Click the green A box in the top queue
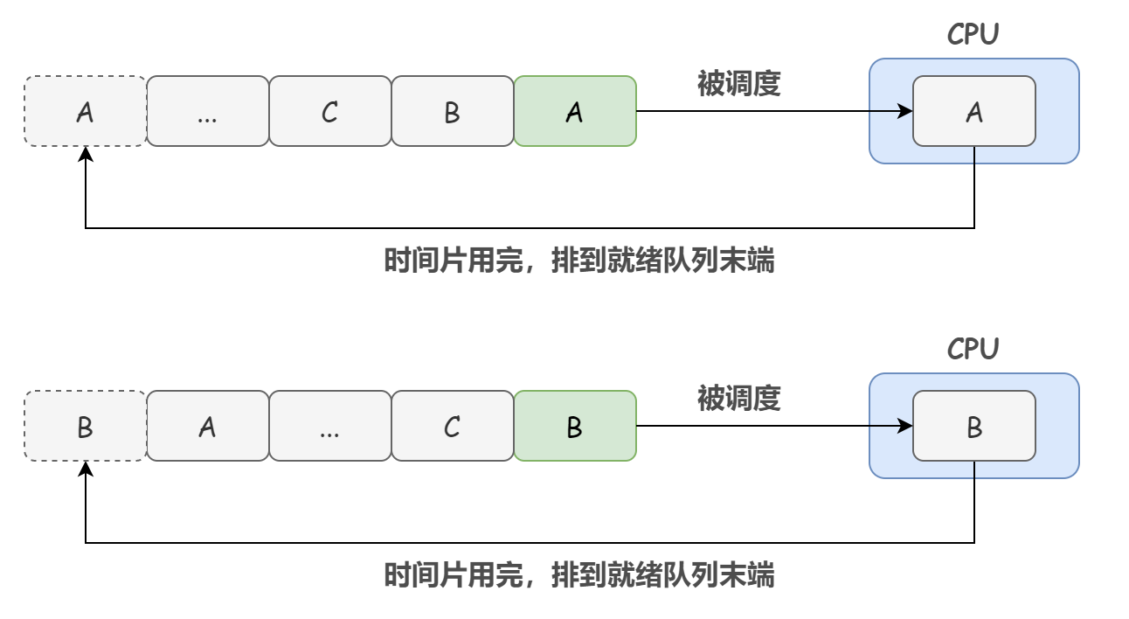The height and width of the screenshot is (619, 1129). point(574,111)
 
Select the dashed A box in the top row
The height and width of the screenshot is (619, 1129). point(85,111)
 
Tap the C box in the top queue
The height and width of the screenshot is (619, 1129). point(329,111)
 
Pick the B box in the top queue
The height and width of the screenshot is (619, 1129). point(452,111)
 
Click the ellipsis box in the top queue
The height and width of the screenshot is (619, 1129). point(207,111)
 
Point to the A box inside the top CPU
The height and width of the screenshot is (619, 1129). point(973,111)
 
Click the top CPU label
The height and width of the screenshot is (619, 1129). point(973,34)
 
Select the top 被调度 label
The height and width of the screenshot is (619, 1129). point(738,83)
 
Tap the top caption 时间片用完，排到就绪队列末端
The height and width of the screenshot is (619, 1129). point(578,261)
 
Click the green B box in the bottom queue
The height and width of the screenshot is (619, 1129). point(574,426)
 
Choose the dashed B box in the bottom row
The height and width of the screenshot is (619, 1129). point(85,426)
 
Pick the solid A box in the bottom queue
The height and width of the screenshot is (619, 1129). point(207,426)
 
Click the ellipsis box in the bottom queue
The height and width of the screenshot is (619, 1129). point(329,426)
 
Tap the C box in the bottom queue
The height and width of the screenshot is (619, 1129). point(452,426)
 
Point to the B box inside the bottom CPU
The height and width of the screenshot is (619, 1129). point(973,426)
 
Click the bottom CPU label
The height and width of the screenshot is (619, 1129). point(973,349)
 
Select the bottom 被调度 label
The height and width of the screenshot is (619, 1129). point(738,398)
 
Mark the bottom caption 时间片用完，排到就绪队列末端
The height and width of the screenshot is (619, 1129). point(578,575)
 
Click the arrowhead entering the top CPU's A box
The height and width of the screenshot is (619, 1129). point(906,111)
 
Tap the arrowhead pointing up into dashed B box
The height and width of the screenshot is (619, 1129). point(86,469)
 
